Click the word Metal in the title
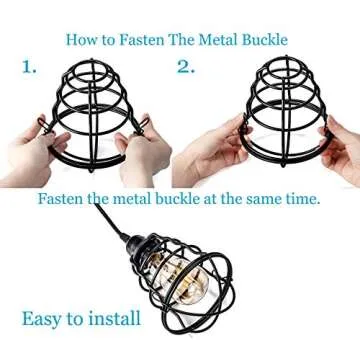point(220,40)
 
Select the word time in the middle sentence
point(298,198)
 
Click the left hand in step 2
point(200,160)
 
